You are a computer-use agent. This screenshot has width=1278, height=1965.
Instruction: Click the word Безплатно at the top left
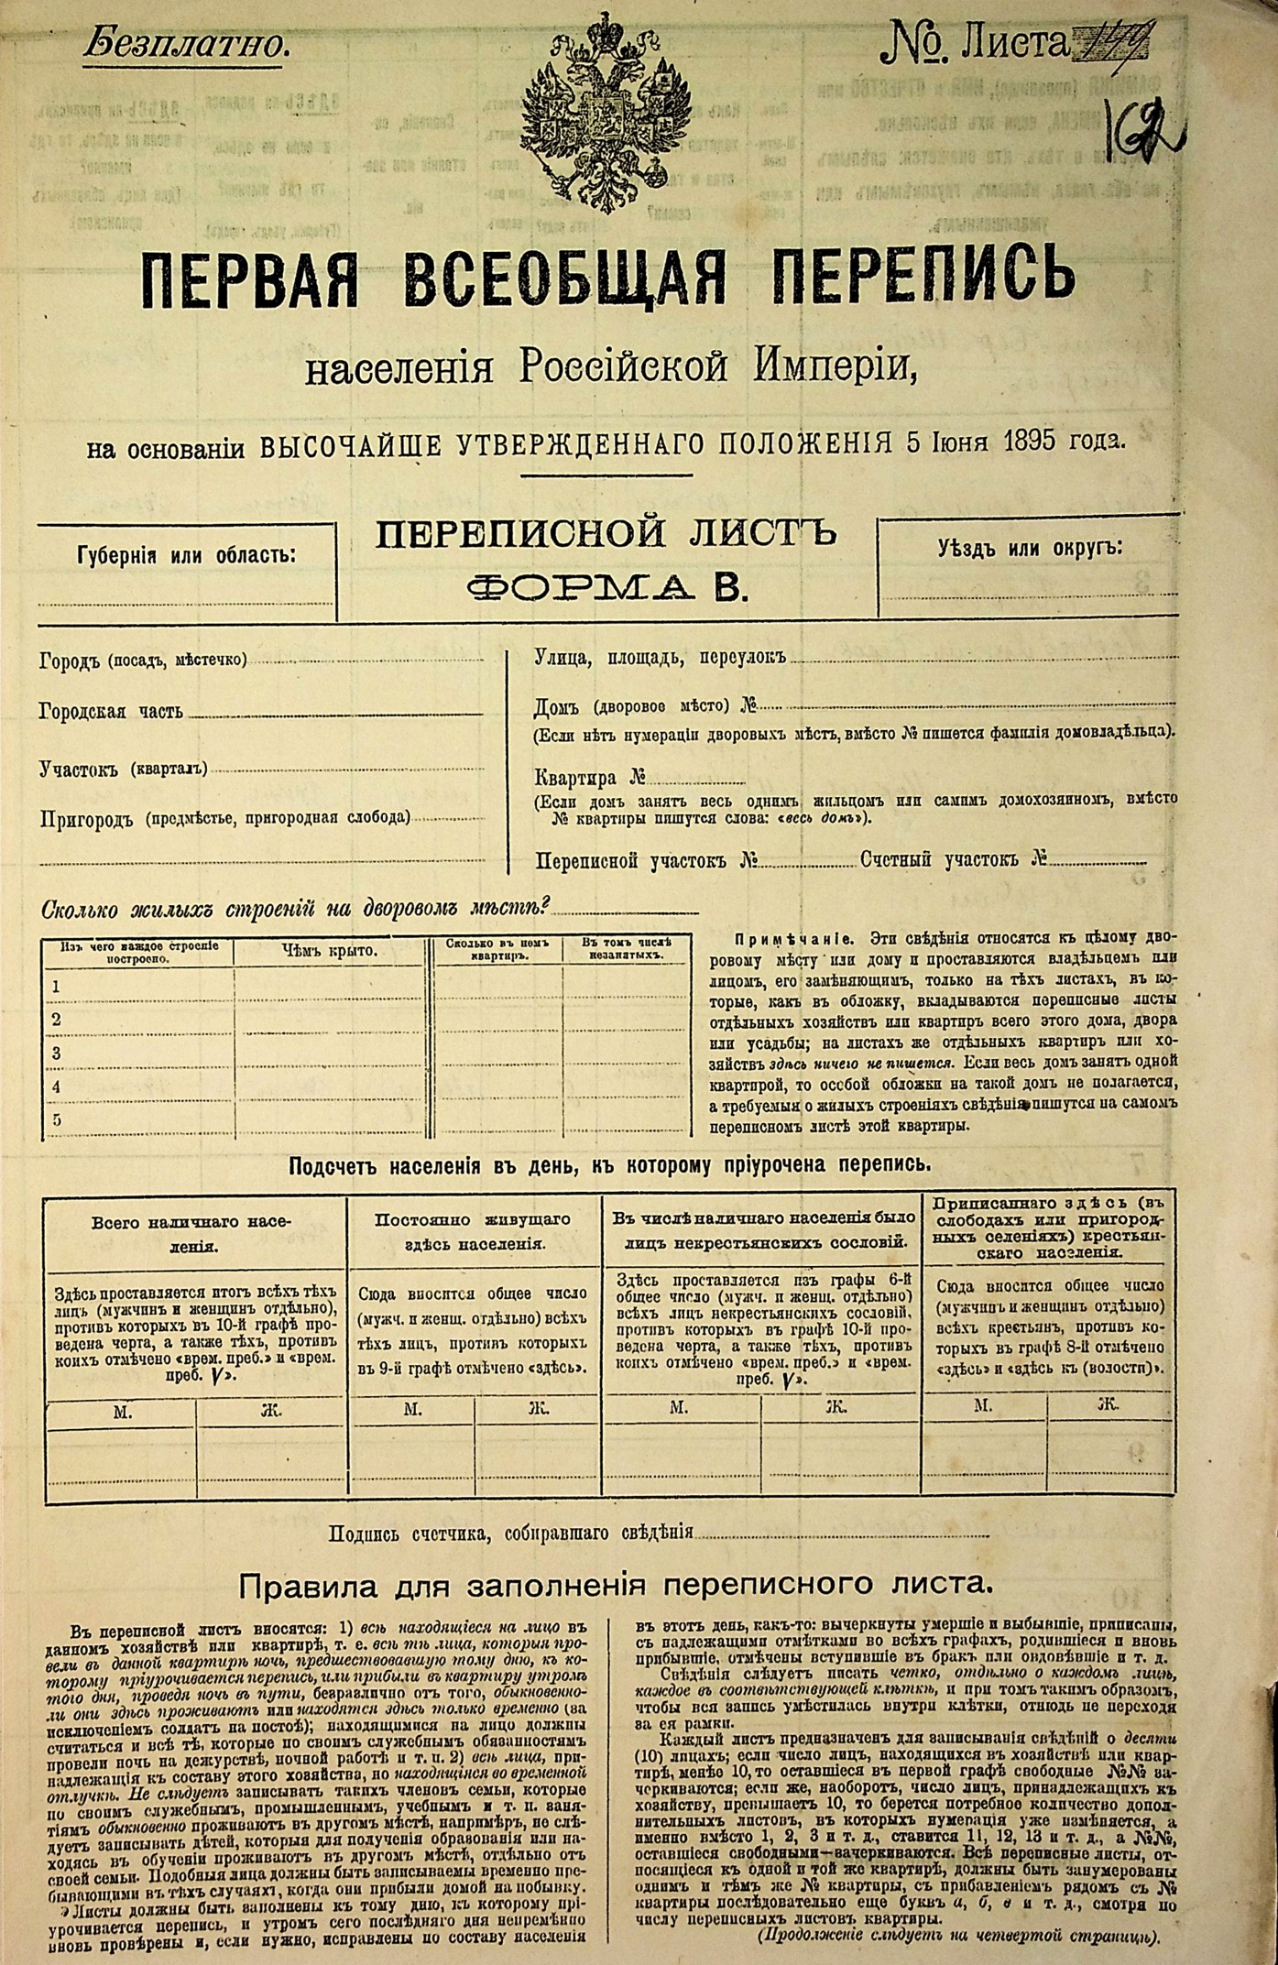click(x=187, y=43)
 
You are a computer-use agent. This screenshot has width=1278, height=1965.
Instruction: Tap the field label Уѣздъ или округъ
click(x=1030, y=550)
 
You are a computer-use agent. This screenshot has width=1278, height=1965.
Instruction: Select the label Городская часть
click(x=111, y=711)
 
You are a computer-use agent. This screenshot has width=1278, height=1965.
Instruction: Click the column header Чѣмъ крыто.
click(x=328, y=951)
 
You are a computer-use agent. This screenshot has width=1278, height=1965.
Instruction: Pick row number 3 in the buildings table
click(x=57, y=1053)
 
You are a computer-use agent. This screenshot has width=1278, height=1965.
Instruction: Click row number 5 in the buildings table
click(x=57, y=1119)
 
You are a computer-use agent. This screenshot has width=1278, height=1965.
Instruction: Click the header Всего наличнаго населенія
click(x=191, y=1234)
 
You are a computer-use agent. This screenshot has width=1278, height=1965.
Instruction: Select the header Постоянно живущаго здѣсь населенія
click(x=473, y=1232)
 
